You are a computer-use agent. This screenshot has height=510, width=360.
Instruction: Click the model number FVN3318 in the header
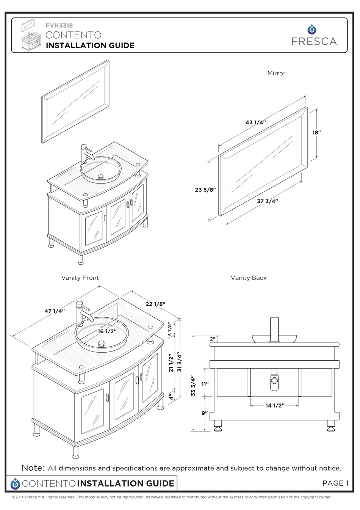(59, 26)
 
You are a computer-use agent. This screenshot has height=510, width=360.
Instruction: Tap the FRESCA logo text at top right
(314, 41)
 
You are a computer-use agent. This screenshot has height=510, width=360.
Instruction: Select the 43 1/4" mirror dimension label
(256, 122)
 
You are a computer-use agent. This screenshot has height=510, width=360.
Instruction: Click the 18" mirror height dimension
(316, 133)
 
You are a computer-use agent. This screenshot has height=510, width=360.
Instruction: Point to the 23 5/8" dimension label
(205, 190)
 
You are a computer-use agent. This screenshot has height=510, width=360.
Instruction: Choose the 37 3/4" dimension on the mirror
(268, 201)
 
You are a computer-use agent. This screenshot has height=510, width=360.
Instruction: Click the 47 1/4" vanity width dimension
(55, 311)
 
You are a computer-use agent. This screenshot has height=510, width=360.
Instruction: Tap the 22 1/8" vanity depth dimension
(155, 304)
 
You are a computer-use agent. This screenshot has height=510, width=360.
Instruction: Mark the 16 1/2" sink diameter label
(107, 331)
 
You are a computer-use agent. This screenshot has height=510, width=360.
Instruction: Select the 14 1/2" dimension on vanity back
(275, 405)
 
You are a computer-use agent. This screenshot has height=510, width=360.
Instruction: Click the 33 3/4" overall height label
(193, 386)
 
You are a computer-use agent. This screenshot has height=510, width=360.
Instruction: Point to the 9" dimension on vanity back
(205, 413)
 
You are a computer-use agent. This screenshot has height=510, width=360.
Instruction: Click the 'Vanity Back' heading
(249, 278)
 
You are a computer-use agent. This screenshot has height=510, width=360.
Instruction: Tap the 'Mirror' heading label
(276, 73)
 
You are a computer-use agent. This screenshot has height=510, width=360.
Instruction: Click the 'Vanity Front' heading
(80, 278)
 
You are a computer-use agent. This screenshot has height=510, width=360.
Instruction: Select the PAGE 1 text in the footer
(335, 483)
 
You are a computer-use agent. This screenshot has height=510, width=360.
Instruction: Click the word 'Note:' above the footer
(33, 468)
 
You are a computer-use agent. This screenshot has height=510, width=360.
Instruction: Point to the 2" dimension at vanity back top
(213, 339)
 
